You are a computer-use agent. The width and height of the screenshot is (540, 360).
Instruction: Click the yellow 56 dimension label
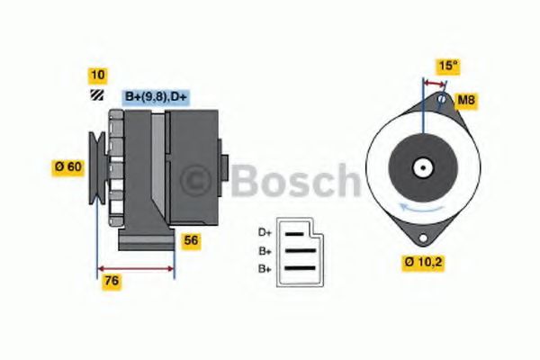[191, 240]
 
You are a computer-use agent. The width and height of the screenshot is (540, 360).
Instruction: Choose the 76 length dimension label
[112, 281]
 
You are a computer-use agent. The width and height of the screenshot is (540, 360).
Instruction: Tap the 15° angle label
[447, 67]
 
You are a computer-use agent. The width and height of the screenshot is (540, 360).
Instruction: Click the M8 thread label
[466, 98]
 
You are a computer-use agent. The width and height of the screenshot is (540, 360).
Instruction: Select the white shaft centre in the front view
[421, 167]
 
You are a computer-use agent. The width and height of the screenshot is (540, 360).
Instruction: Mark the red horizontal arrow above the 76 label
[135, 268]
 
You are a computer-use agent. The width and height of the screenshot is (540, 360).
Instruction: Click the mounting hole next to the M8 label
[441, 100]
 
